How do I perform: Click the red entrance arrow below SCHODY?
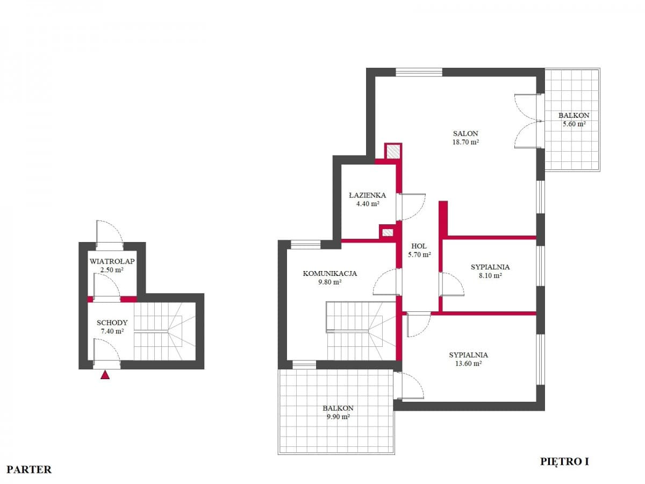point(105,375)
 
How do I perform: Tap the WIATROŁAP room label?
point(112,261)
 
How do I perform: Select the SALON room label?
point(465,134)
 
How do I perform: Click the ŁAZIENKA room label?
point(367,195)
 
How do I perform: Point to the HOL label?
point(419,246)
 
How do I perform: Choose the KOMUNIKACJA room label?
point(330,273)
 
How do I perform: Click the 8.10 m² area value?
point(490,275)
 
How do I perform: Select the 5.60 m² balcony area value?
point(574,124)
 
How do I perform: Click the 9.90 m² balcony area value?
point(339,416)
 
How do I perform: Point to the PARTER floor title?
point(30,469)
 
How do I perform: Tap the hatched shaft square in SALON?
point(393,151)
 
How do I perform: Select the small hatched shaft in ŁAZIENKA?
point(387,232)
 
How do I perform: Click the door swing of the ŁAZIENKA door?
point(413,207)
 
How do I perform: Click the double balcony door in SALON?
point(527,121)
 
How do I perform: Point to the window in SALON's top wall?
point(419,72)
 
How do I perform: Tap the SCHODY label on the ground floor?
point(112,323)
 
